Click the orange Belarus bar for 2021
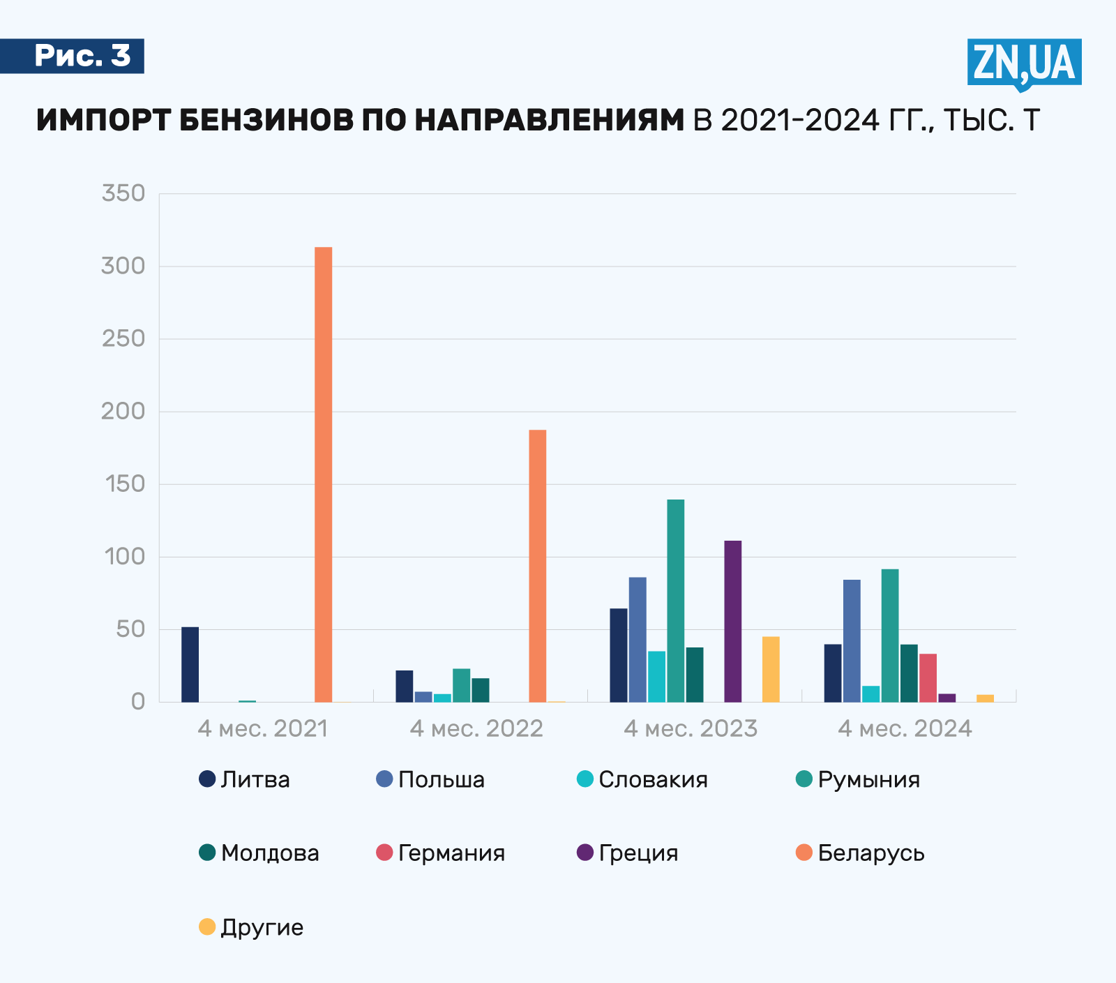[323, 474]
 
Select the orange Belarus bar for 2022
[537, 566]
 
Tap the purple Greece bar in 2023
[732, 621]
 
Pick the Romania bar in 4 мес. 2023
[675, 601]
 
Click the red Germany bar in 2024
[928, 677]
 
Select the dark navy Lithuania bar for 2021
[190, 664]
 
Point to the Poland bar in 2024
[852, 640]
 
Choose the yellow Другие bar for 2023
[771, 669]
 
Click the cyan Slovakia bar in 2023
[656, 676]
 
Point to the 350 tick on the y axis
[123, 193]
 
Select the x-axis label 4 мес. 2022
[476, 728]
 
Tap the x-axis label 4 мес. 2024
[905, 728]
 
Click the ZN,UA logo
[1024, 63]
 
